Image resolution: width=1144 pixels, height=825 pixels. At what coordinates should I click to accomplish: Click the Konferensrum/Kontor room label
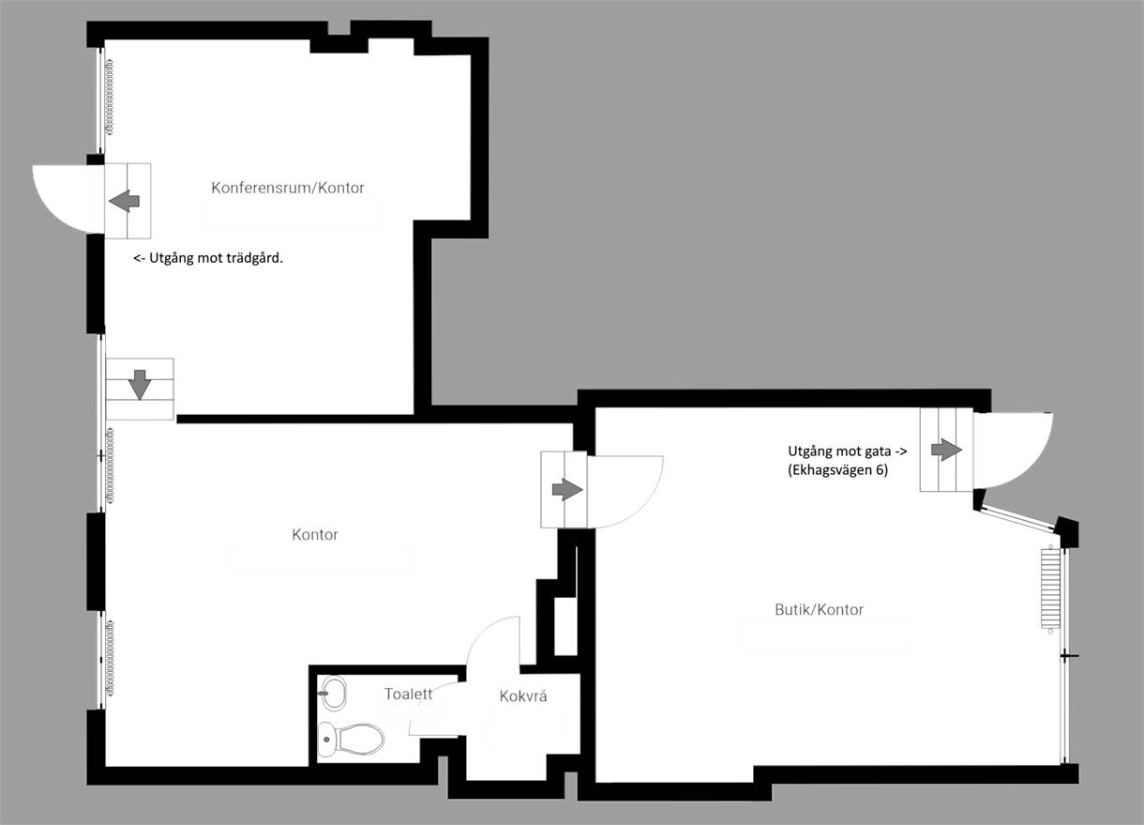pos(288,188)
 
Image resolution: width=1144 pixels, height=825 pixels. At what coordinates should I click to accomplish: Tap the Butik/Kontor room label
pos(819,609)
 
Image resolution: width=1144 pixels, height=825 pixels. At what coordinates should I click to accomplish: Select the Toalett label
pos(408,694)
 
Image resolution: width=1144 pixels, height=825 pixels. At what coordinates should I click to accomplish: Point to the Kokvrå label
pos(523,695)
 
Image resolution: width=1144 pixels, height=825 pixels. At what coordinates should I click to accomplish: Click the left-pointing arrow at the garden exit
pos(124,201)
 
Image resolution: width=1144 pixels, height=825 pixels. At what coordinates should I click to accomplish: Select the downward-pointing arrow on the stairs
pos(140,385)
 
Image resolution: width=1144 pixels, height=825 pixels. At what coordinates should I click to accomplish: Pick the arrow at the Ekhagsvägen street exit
pos(946,450)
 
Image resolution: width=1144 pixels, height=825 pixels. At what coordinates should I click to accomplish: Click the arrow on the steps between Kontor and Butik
pos(567,490)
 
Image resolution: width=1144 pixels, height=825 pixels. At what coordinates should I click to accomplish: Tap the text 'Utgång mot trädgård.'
pos(208,258)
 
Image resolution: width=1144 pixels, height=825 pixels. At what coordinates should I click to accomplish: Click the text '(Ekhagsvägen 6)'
pos(837,469)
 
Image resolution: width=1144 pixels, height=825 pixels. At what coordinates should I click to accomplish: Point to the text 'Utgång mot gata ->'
pos(848,451)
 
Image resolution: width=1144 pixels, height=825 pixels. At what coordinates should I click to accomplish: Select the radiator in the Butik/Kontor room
pos(1050,589)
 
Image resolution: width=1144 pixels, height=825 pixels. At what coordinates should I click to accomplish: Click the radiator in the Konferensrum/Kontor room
pos(109,97)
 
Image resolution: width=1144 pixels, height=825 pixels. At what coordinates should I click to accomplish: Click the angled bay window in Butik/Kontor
pos(1017,517)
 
